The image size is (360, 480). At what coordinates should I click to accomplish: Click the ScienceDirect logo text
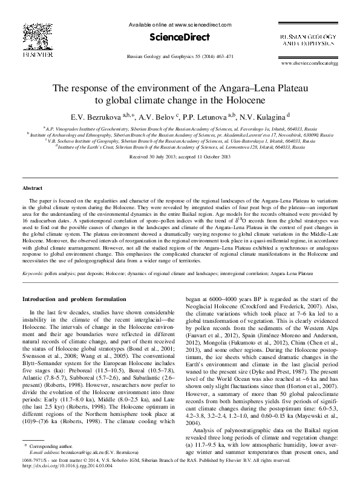coord(180,37)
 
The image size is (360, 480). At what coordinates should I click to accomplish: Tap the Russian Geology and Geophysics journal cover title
coord(308,41)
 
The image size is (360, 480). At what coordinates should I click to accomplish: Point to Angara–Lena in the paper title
coord(252,88)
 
